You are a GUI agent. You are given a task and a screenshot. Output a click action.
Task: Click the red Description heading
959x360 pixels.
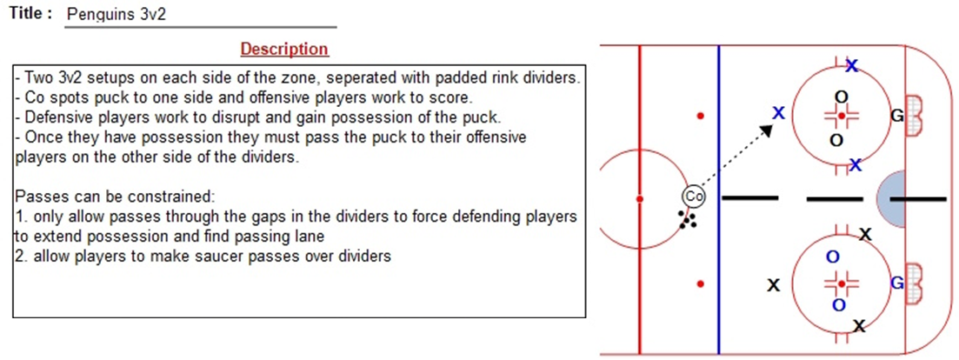(x=284, y=49)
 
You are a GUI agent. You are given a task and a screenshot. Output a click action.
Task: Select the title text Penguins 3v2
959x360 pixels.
(x=116, y=14)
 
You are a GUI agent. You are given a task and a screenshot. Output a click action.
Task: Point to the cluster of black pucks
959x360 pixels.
(x=688, y=220)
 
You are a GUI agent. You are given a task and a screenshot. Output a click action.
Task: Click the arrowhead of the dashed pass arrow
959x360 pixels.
(x=766, y=129)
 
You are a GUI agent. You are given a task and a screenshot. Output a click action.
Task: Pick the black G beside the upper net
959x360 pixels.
(x=896, y=114)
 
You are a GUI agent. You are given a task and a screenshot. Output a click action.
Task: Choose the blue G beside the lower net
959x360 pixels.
(x=897, y=283)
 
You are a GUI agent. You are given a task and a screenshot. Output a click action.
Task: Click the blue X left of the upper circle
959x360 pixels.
(x=778, y=112)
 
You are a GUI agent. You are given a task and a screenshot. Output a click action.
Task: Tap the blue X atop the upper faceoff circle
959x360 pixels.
(x=851, y=65)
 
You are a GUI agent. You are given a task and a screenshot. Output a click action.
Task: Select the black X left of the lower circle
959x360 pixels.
(x=774, y=285)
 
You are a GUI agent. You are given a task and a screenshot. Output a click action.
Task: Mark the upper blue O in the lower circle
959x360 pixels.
(x=832, y=257)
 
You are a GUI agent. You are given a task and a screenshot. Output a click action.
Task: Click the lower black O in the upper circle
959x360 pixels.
(x=836, y=141)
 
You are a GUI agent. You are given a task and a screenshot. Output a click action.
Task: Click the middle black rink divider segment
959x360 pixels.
(x=835, y=198)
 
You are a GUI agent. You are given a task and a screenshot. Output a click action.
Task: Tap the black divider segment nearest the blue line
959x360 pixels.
(x=749, y=197)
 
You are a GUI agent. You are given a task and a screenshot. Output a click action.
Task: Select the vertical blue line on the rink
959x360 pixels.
(x=719, y=199)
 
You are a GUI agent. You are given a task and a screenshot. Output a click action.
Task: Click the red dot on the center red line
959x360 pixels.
(x=640, y=199)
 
